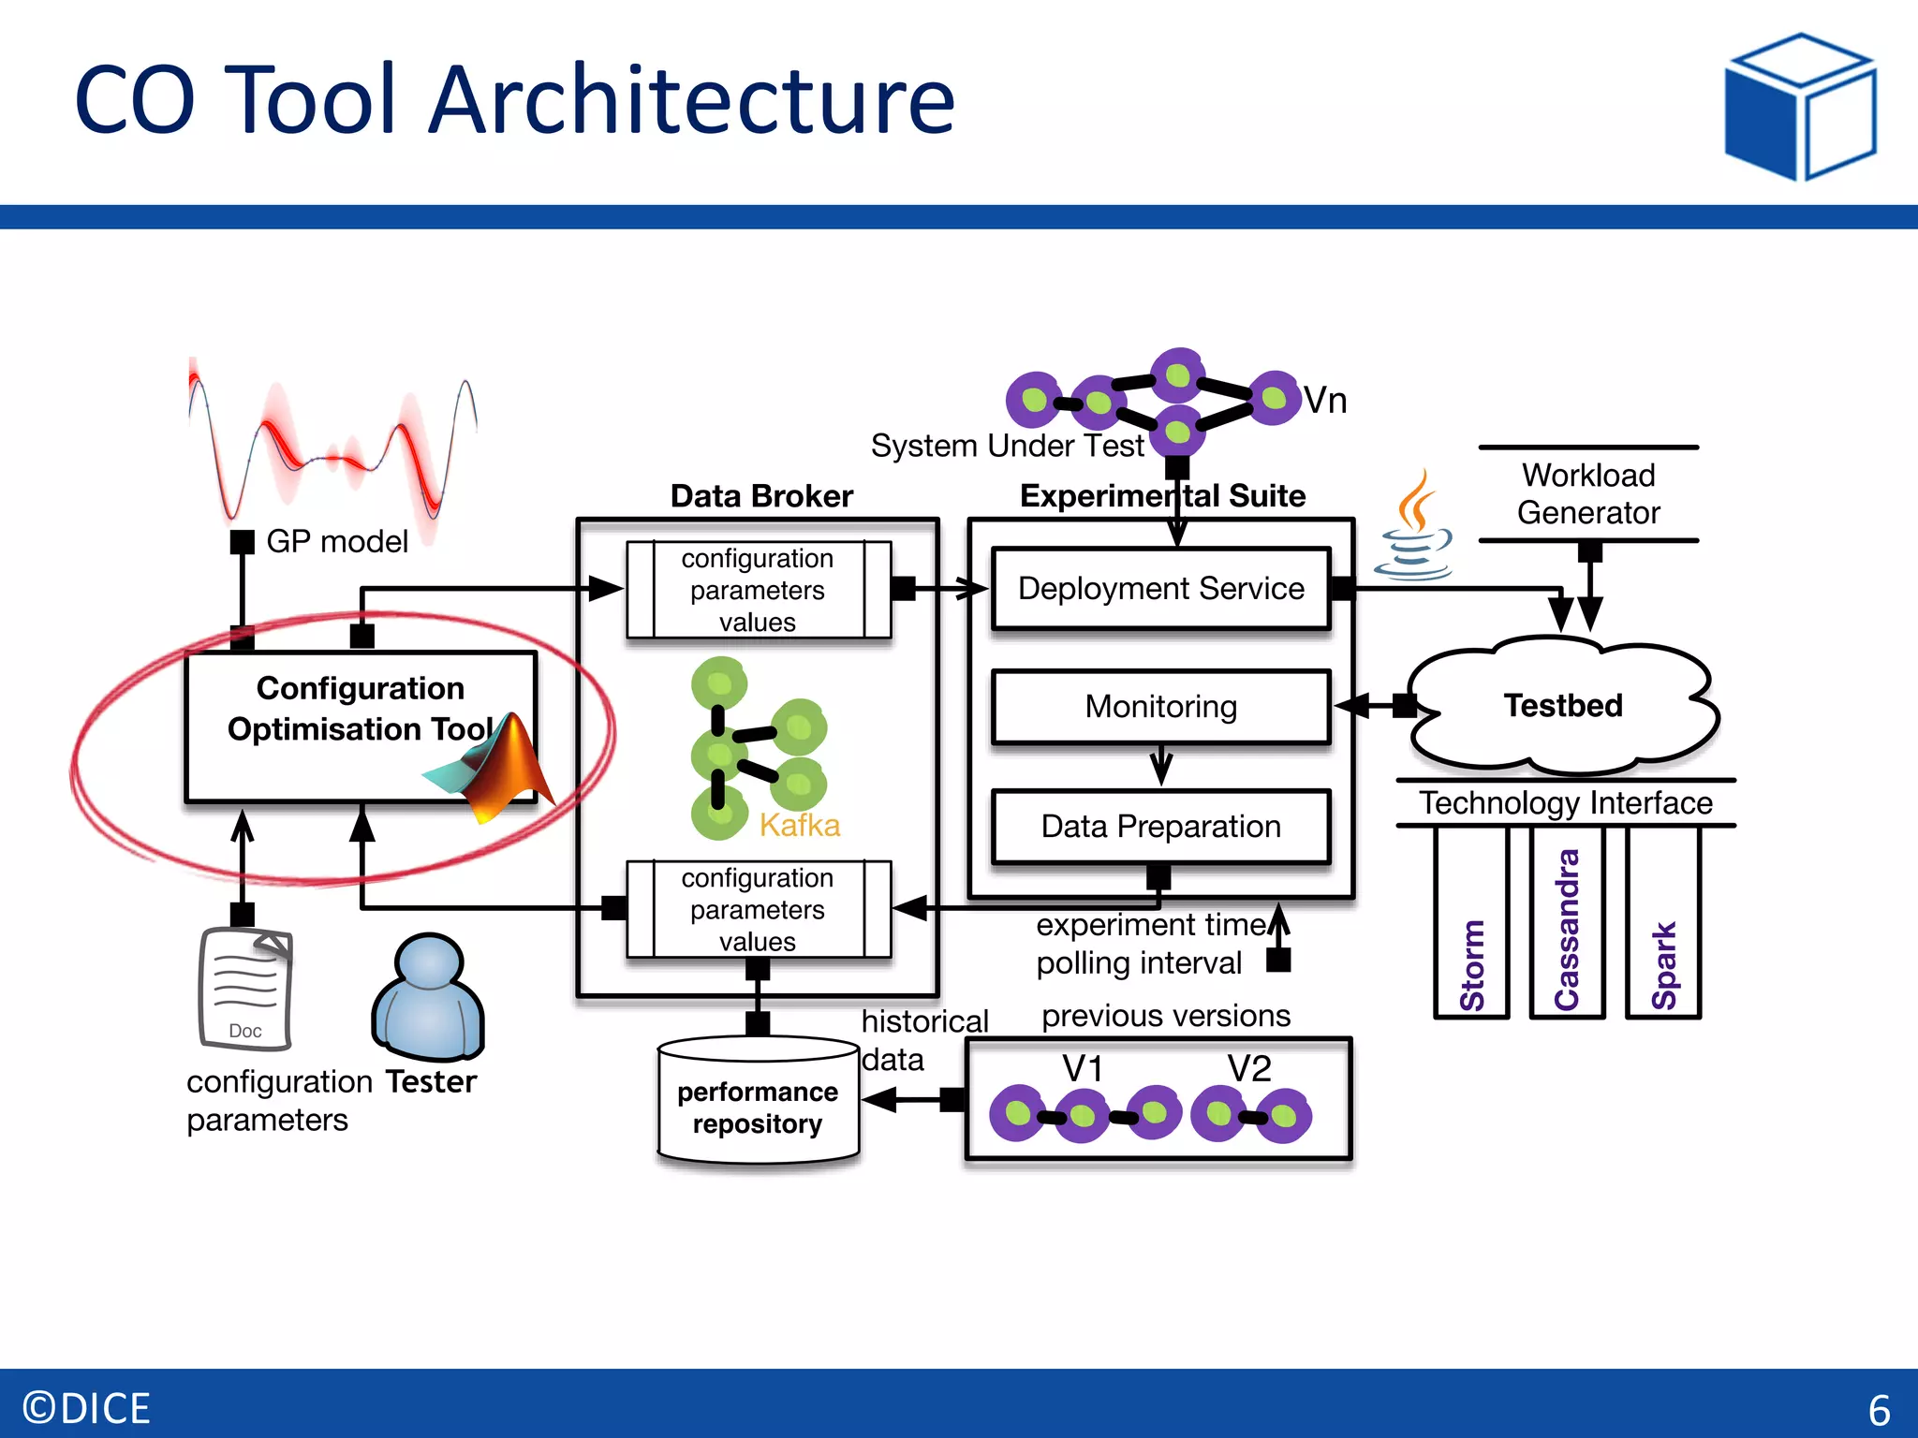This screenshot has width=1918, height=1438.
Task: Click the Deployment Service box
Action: (1160, 589)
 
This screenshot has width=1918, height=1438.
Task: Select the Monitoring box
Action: (1160, 707)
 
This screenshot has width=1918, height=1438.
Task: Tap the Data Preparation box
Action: (1160, 827)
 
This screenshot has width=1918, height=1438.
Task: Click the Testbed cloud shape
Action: (1562, 706)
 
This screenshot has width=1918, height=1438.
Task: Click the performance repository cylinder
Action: (758, 1103)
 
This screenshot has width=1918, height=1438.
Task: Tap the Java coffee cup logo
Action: (1415, 529)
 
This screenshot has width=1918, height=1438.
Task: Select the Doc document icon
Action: (245, 989)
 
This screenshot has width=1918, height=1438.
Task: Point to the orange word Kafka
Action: (799, 826)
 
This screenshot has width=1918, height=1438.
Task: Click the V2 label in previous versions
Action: (1249, 1069)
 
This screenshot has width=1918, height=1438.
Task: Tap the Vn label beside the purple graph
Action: (1324, 401)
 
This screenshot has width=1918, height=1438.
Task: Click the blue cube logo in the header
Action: (1800, 107)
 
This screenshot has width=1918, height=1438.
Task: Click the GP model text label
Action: (337, 541)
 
